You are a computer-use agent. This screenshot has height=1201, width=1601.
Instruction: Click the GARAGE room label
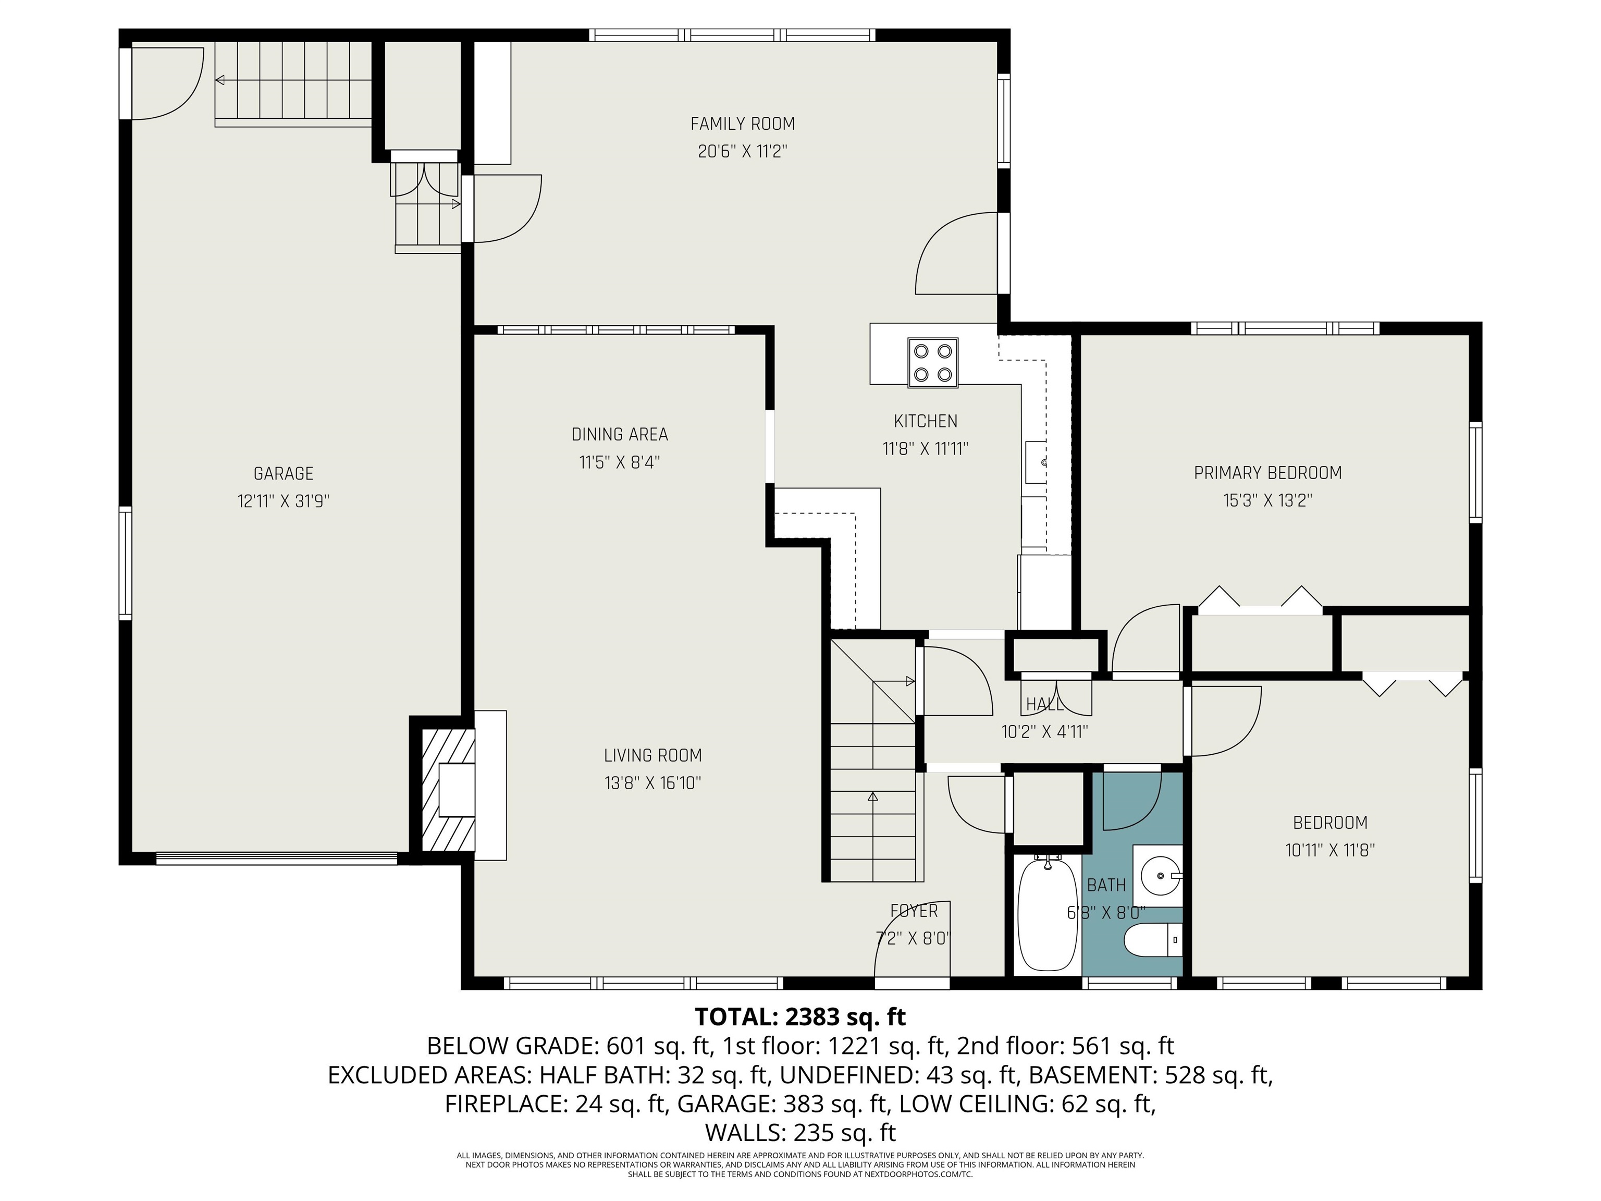coord(283,473)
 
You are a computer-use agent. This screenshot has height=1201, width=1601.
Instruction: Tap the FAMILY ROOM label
coord(743,124)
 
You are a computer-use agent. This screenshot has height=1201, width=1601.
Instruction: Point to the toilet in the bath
coord(1152,941)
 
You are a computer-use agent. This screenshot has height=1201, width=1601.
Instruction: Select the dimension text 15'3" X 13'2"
coord(1267,500)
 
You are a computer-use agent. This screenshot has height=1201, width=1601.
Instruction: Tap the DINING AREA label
coord(620,434)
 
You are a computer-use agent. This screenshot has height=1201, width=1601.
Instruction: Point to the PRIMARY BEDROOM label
coord(1267,473)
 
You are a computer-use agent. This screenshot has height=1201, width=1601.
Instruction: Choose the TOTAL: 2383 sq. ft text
coord(800,1016)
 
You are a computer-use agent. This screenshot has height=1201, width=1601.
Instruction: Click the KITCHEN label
coord(925,421)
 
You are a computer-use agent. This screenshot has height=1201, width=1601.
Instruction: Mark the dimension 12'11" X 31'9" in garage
coord(283,501)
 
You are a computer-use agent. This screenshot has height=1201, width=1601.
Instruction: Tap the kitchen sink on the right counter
coord(1035,461)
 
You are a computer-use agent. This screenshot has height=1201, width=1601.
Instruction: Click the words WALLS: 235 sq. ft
coord(800,1132)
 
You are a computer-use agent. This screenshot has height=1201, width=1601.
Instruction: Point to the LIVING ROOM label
coord(653,755)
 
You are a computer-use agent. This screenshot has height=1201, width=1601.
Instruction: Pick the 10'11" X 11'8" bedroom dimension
coord(1329,850)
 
